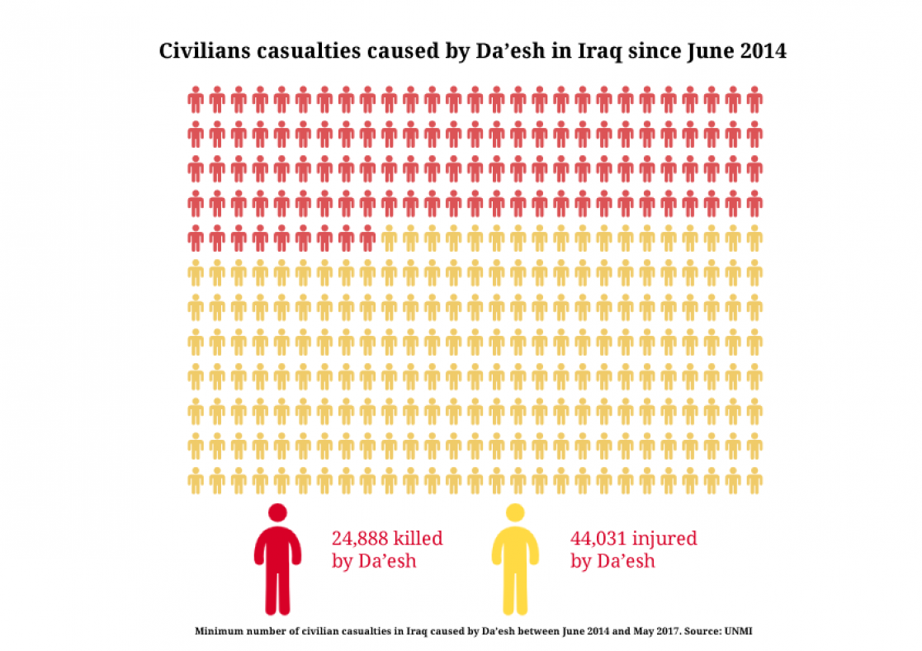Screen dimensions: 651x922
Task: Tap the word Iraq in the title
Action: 596,51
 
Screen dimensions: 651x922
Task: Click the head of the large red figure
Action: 277,512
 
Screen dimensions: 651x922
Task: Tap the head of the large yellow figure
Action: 515,512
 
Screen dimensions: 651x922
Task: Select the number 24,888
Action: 360,539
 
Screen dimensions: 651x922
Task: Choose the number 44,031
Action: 598,539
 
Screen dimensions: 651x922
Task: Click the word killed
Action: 418,539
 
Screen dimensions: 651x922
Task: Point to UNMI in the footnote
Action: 739,631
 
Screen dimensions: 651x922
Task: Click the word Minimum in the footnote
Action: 216,631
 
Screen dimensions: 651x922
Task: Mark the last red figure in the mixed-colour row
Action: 367,238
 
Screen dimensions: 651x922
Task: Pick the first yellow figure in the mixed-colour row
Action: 389,238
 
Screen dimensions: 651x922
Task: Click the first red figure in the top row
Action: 196,100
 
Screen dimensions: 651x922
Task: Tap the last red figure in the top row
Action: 754,100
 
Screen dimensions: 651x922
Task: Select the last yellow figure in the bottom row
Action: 754,480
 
